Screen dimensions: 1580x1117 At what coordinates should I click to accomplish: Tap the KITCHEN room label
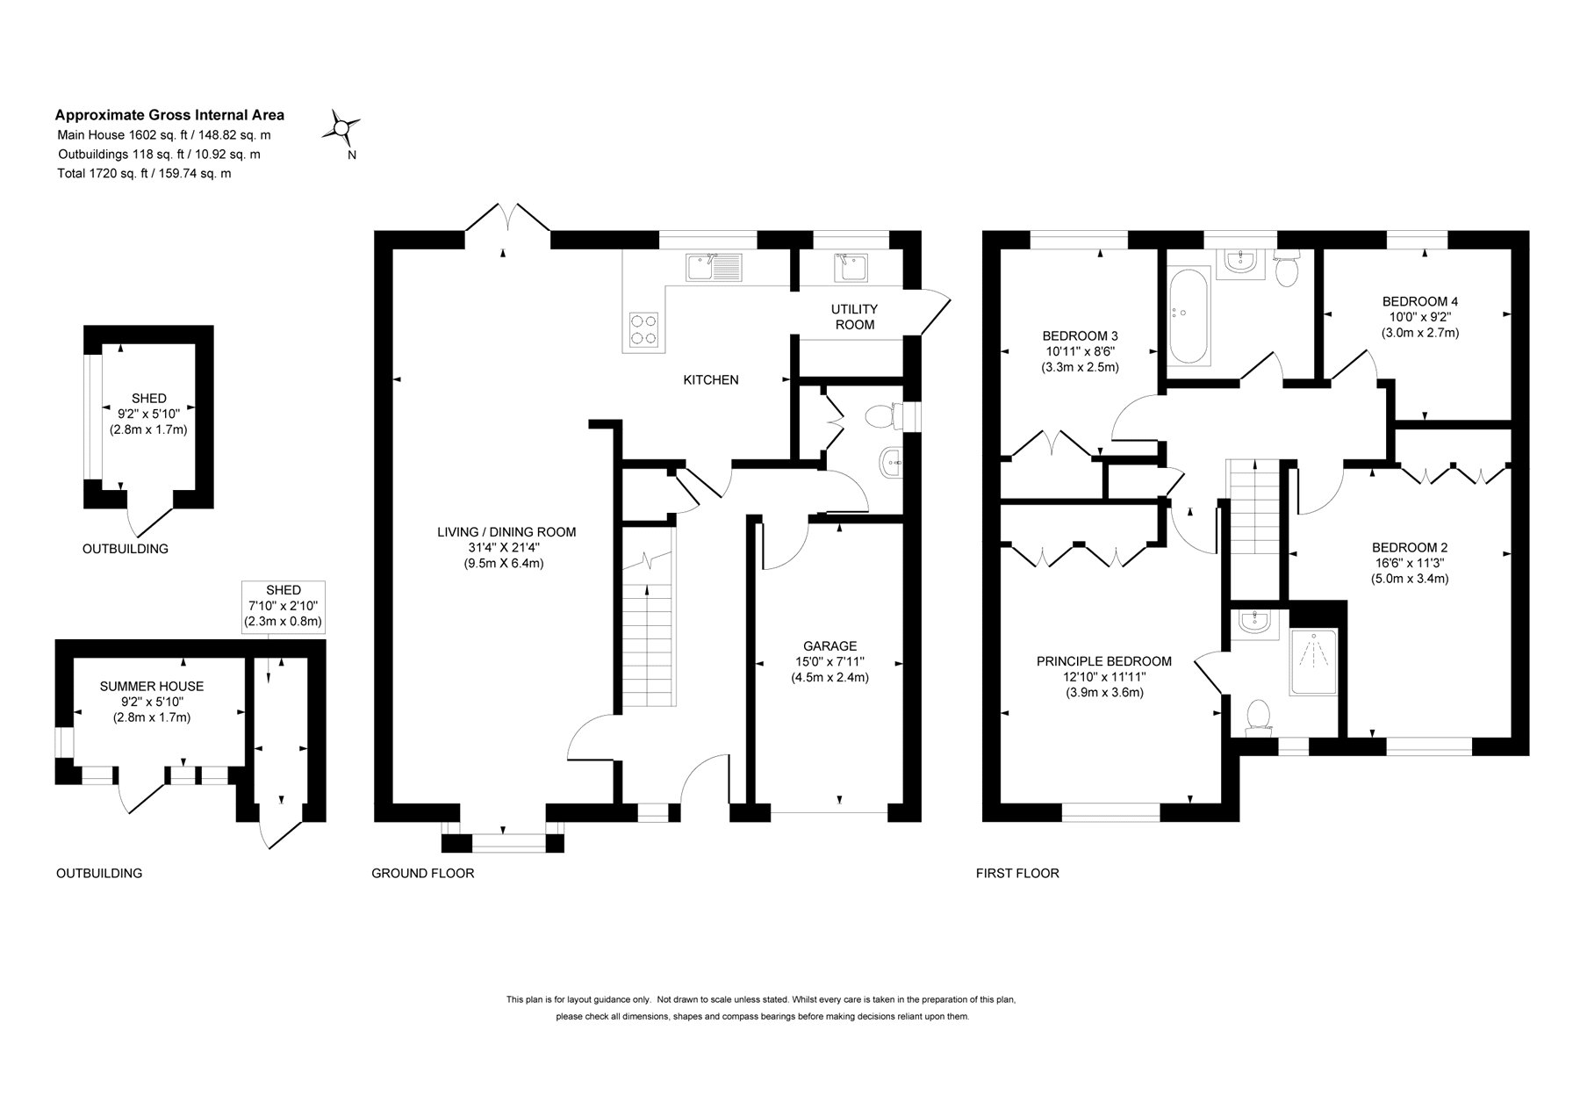(711, 380)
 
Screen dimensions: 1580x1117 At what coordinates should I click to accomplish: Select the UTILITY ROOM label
(854, 317)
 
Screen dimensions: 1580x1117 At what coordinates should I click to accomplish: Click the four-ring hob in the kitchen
(643, 329)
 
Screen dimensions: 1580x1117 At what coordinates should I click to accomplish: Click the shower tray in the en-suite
(1313, 674)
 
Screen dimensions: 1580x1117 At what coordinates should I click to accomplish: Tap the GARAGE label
(829, 646)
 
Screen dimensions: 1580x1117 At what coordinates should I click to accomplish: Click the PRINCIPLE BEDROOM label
(1103, 661)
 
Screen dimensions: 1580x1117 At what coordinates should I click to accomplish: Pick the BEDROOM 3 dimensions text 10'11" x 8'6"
(1080, 351)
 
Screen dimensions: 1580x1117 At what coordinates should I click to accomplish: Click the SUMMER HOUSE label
(151, 686)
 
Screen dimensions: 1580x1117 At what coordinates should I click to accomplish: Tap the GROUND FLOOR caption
(422, 873)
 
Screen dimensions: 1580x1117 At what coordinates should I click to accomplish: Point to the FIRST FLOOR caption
(1017, 873)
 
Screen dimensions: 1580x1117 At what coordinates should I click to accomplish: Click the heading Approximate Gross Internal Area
(169, 114)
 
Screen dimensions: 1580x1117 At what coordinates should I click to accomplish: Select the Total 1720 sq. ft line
(144, 173)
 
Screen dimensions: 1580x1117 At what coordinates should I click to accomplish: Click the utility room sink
(848, 267)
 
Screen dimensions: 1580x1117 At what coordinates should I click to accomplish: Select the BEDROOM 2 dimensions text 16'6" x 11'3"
(1409, 563)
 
